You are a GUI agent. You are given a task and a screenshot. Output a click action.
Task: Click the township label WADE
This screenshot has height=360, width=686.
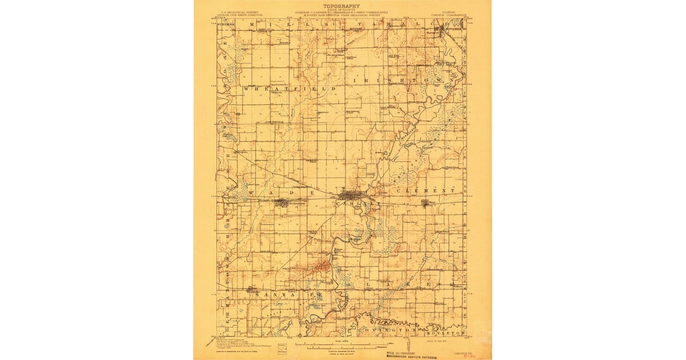point(280,193)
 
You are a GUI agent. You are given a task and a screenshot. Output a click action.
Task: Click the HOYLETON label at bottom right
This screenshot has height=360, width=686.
point(449,331)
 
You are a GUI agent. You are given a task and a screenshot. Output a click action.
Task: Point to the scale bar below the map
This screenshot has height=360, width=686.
point(343,346)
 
